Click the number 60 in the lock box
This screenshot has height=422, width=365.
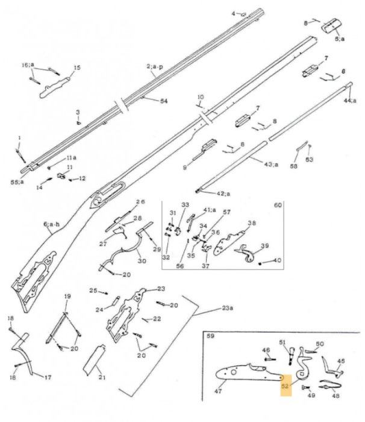278,206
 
